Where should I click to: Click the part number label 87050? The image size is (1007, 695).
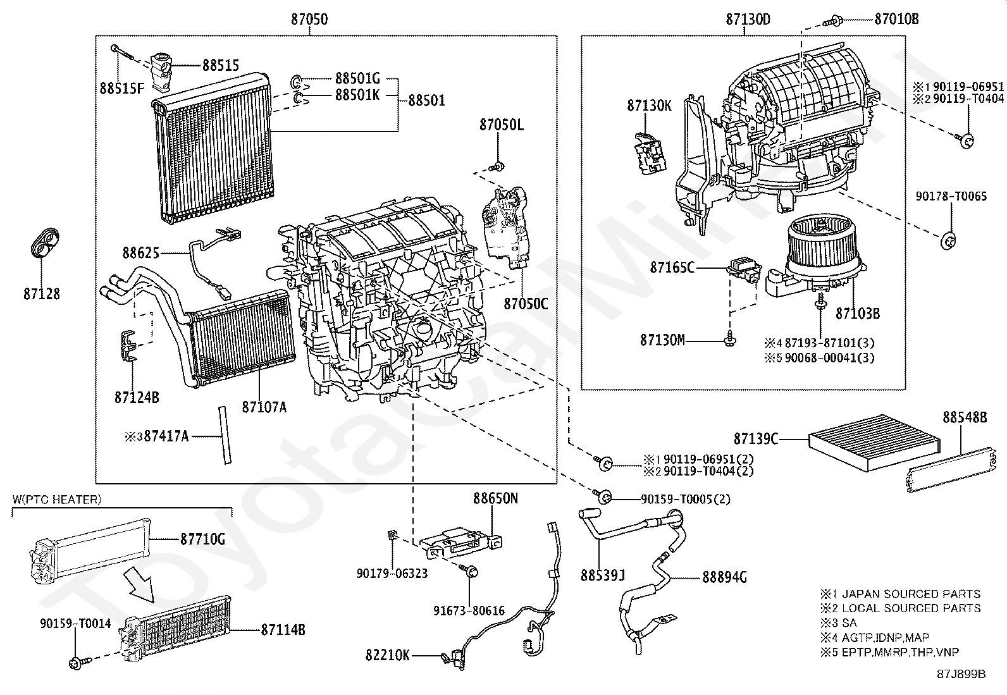tap(309, 19)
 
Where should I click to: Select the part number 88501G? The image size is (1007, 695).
tap(357, 78)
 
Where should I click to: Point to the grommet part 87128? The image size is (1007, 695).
tap(45, 243)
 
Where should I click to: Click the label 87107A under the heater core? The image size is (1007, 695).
tap(264, 407)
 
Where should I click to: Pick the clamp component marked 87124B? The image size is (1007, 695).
tap(128, 345)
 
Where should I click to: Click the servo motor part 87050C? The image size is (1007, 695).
tap(505, 228)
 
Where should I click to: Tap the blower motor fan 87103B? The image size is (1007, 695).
tap(817, 255)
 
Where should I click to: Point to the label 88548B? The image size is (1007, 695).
tap(965, 417)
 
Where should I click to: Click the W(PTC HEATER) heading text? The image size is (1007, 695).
tap(57, 500)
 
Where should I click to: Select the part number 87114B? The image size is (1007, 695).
tap(283, 630)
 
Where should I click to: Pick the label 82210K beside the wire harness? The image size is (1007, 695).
tap(388, 655)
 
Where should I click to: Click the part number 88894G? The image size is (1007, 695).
tap(724, 577)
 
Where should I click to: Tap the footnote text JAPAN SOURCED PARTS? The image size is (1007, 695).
tap(911, 594)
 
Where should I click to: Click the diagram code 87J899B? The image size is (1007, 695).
tap(961, 674)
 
